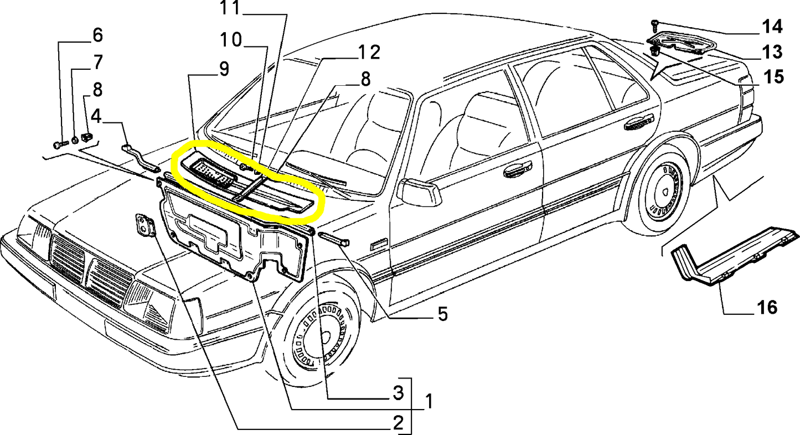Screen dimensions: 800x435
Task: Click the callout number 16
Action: click(766, 308)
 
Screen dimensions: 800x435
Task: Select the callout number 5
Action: click(442, 314)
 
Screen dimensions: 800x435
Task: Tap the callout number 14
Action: click(772, 27)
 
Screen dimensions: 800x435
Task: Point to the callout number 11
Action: click(230, 8)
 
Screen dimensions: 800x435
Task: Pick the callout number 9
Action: click(224, 69)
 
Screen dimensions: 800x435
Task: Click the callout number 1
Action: click(429, 401)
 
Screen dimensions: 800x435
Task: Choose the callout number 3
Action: click(398, 393)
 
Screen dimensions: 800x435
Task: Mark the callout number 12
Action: click(369, 53)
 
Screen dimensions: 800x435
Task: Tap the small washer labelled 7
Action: click(75, 140)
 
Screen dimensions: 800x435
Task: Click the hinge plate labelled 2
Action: click(146, 225)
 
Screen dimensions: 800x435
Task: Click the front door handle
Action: click(517, 169)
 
